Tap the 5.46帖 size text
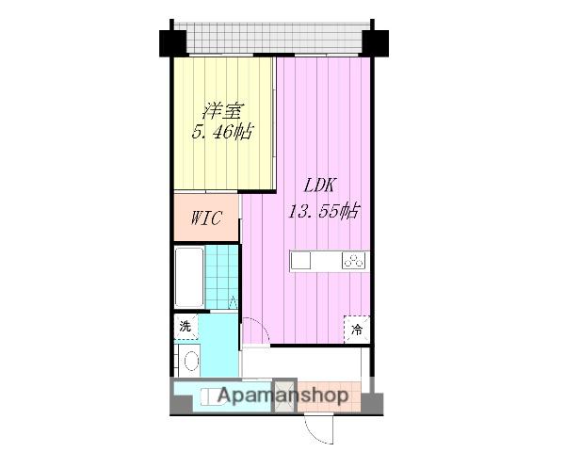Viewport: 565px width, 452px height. click(x=221, y=132)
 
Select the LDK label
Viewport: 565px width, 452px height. click(x=320, y=186)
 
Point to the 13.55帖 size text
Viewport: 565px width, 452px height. click(x=323, y=211)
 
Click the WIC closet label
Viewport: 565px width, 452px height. click(x=206, y=218)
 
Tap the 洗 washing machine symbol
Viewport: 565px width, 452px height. click(x=186, y=327)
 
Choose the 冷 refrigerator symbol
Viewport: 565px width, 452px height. click(x=357, y=330)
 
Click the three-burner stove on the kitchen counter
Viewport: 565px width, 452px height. click(x=354, y=260)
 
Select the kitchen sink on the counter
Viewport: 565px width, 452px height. click(x=300, y=260)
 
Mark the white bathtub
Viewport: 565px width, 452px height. click(x=189, y=277)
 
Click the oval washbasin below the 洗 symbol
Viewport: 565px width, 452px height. click(x=191, y=361)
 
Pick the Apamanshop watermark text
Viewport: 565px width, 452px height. click(x=282, y=395)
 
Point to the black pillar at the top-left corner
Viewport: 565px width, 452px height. click(x=172, y=43)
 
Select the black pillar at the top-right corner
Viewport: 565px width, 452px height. click(x=375, y=43)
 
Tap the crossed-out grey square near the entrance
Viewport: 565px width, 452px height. click(x=285, y=395)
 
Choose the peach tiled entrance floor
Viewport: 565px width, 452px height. click(x=329, y=395)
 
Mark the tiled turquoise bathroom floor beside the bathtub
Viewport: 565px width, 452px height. click(x=221, y=277)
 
